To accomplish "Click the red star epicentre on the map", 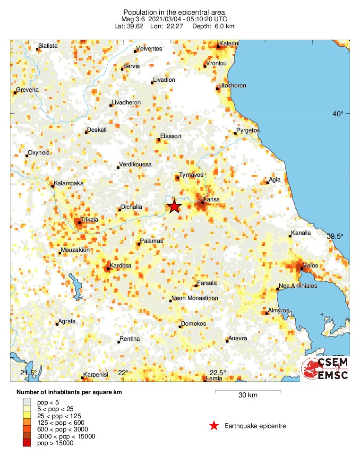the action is (x=174, y=206).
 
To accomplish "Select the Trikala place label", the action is (x=89, y=220).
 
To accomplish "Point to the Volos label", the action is (x=311, y=266).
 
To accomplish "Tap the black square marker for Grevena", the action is (x=15, y=93).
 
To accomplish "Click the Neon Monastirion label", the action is (x=195, y=299).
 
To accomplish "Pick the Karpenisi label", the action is (x=96, y=375).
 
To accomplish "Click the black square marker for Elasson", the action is (x=159, y=139).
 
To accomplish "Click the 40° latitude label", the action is (x=337, y=113).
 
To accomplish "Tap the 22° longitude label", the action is (x=123, y=373).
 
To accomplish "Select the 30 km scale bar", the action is (x=248, y=392).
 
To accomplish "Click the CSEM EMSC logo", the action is (x=325, y=368).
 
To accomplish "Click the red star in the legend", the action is (x=214, y=426).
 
